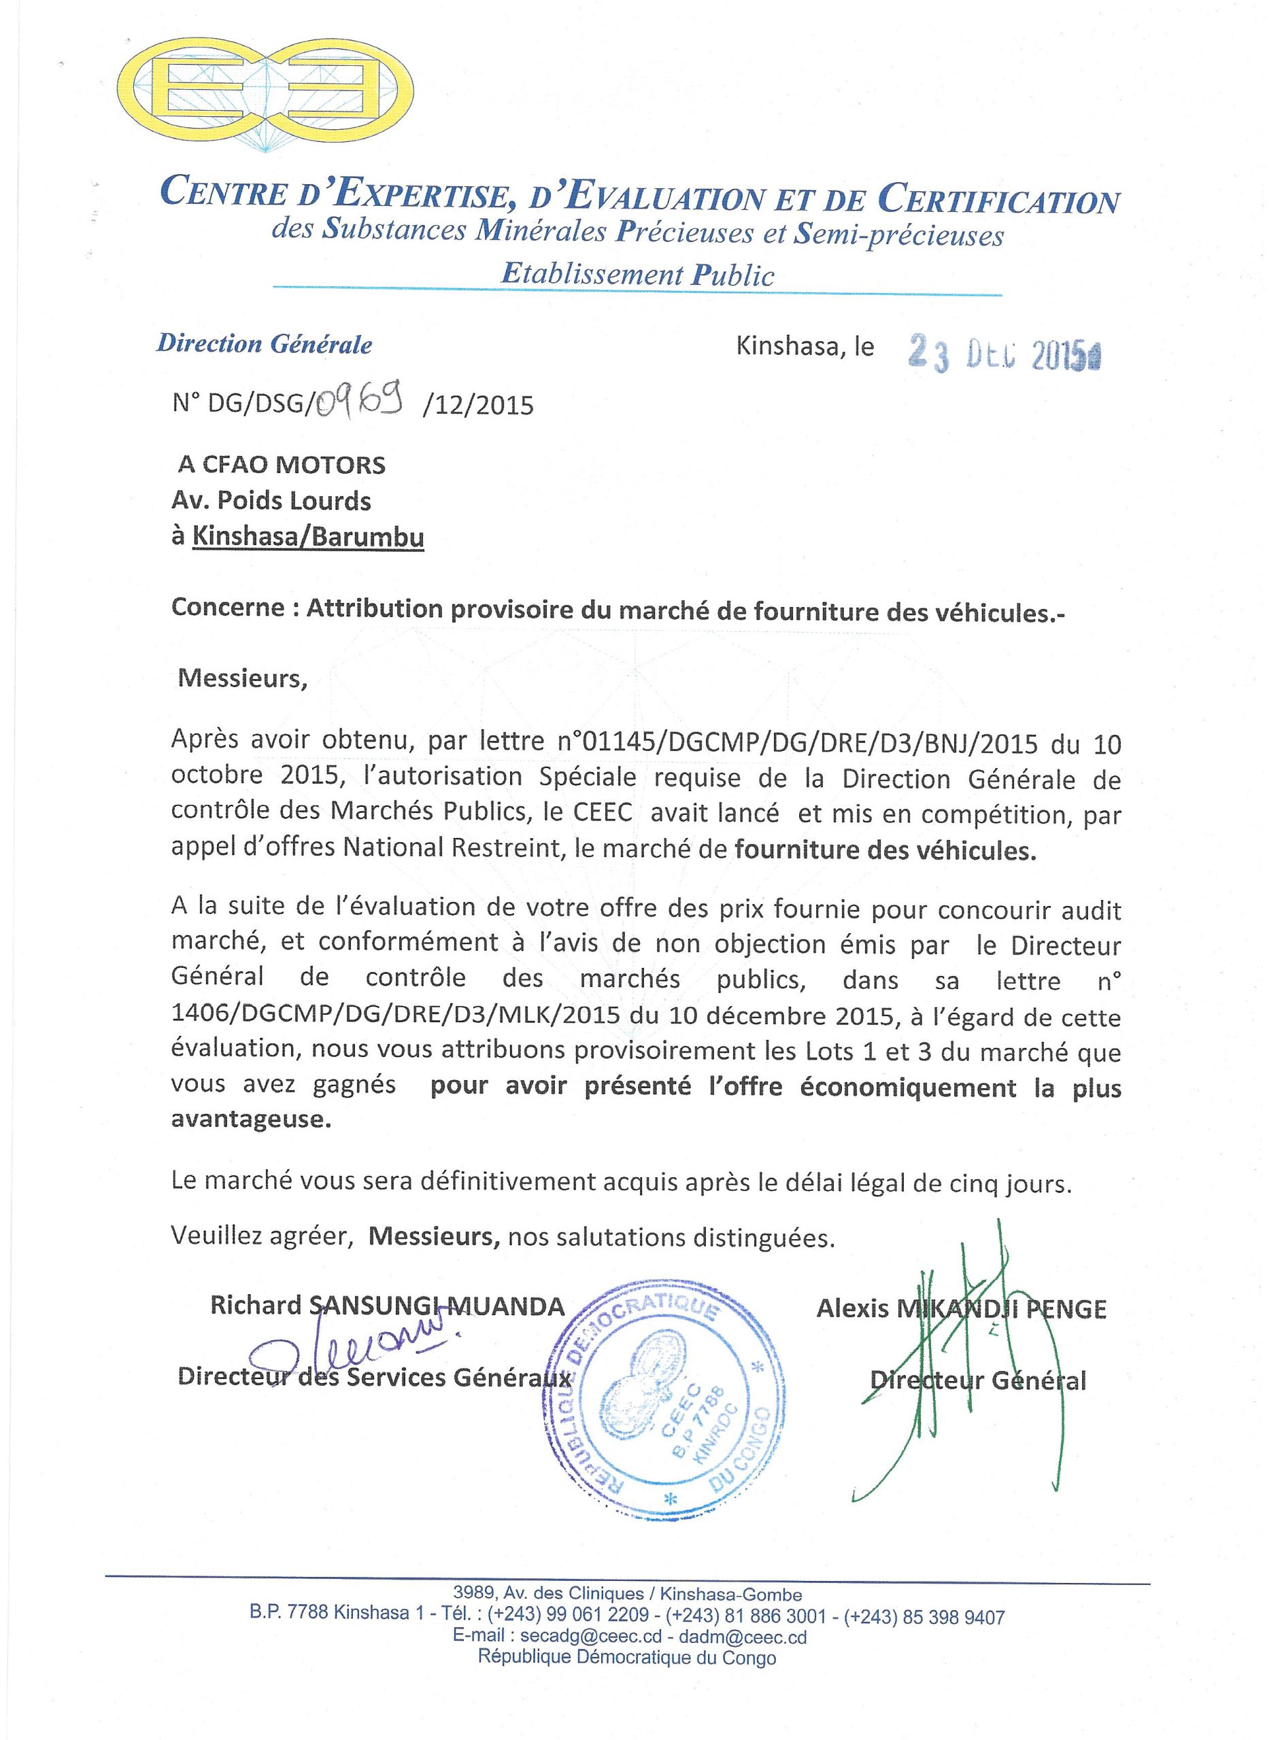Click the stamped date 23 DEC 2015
[x=1003, y=354]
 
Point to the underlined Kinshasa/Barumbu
[x=308, y=537]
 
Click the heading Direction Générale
[x=265, y=344]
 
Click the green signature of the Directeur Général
[x=964, y=1367]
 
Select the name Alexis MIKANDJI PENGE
[x=962, y=1310]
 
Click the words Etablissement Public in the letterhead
[x=637, y=274]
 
